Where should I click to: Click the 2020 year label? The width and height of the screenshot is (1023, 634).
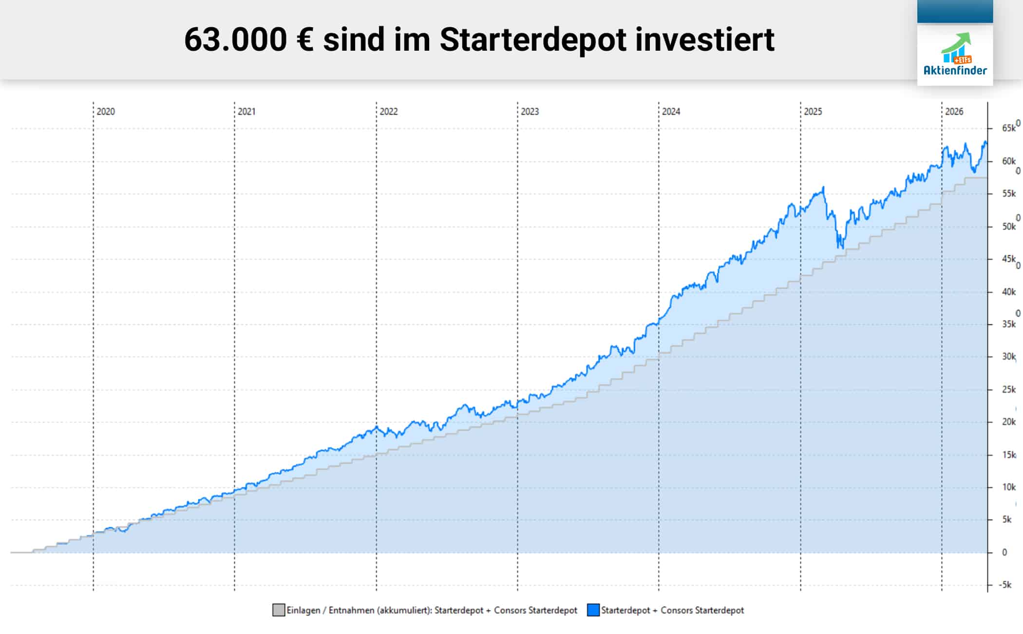point(106,112)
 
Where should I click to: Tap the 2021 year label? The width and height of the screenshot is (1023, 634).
point(246,112)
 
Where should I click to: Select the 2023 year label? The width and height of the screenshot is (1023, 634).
point(530,112)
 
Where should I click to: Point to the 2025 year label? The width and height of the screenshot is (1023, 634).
point(813,112)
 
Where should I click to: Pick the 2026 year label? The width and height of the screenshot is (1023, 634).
point(954,112)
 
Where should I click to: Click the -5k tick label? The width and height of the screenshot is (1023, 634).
point(1005,585)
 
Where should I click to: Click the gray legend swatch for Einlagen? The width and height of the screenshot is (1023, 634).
point(279,610)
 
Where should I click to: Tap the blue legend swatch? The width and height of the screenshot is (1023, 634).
point(593,610)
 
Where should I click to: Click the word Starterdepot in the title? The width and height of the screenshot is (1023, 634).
point(532,40)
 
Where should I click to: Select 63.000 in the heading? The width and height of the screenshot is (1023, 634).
point(235,40)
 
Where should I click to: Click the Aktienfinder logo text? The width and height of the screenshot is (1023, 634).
point(955,71)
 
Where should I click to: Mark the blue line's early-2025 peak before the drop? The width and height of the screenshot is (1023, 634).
point(823,188)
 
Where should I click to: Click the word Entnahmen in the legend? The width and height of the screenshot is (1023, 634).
point(351,610)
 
